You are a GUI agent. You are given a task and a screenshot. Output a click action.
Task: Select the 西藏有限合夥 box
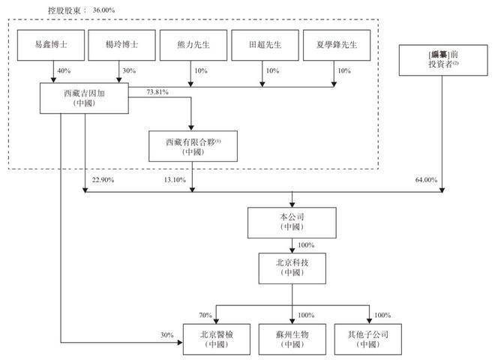[x=193, y=145]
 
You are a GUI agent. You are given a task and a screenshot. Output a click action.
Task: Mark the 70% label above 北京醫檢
[x=206, y=314]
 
